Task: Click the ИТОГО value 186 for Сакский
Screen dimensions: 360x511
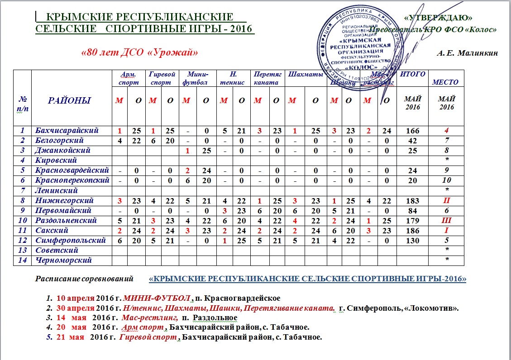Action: coord(412,231)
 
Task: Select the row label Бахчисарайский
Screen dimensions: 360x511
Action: coord(67,131)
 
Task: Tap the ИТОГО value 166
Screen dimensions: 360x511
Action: coord(412,131)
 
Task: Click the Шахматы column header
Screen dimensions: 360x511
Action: coord(305,74)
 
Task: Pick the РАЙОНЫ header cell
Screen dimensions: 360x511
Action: coord(69,100)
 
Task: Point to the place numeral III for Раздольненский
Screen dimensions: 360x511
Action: coord(447,221)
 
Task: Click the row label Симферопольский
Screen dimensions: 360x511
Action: coord(71,241)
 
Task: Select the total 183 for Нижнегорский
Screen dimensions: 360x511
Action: coord(412,200)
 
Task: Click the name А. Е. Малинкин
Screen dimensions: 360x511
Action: coord(467,53)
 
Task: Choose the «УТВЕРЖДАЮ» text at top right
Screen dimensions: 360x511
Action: coord(437,18)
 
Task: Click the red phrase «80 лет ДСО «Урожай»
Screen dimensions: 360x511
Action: coord(139,52)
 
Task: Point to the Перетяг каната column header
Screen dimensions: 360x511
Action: coord(268,78)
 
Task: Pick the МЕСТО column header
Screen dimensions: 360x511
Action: coord(445,82)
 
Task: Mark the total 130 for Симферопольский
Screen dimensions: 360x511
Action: coord(412,241)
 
